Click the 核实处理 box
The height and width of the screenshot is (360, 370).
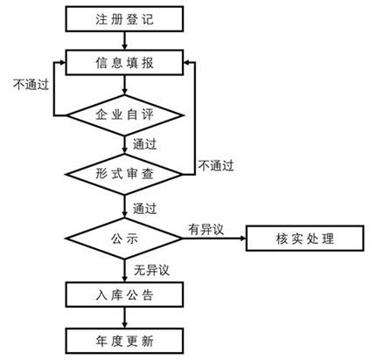(x=304, y=238)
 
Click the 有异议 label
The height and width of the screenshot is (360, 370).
(x=206, y=228)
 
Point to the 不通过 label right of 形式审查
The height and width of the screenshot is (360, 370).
(x=216, y=163)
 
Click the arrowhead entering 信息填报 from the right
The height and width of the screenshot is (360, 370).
(x=187, y=62)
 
